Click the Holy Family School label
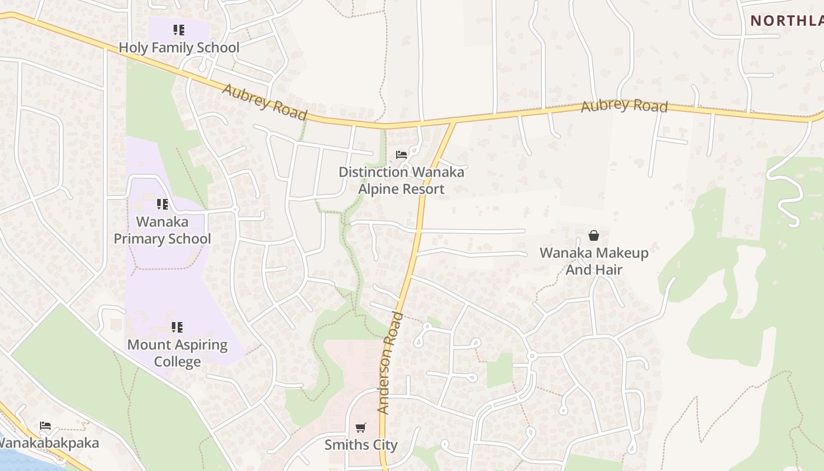pos(179,48)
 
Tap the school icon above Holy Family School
pos(179,30)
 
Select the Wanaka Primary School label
pos(162,230)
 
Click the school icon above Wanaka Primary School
pos(162,204)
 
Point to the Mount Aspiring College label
pos(177,353)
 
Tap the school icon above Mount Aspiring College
pos(177,327)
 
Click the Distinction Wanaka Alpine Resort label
pos(401,181)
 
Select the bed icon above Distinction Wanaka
pos(401,155)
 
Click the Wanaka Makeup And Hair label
pos(594,261)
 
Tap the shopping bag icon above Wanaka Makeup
pos(594,235)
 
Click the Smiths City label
pos(361,445)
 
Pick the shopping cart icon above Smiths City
pos(361,428)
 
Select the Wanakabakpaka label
pos(49,443)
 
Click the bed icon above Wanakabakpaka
pos(45,425)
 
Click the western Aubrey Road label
pos(265,102)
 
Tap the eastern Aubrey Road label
pos(624,106)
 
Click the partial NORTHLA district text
pos(786,21)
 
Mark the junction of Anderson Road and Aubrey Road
pos(454,122)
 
